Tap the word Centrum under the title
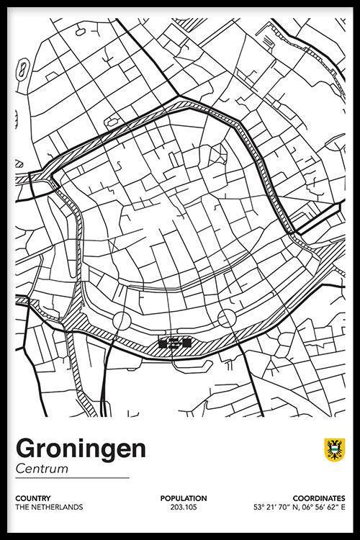point(41,469)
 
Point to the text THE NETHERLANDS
point(48,507)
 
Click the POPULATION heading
point(184,498)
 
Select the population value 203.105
point(184,507)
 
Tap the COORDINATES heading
point(319,498)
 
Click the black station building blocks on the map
point(174,343)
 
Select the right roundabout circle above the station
point(228,318)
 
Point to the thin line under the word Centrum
point(72,478)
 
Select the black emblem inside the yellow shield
point(333,450)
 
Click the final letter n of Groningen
point(139,449)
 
